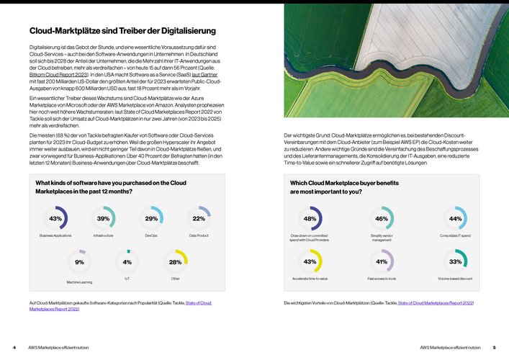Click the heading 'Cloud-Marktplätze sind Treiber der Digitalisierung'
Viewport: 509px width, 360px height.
pos(122,31)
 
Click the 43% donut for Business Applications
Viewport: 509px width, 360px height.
pos(56,218)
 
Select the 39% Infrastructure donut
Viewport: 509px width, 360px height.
pos(103,218)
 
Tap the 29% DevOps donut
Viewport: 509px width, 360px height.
pos(151,218)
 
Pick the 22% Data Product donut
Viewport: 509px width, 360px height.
pos(199,218)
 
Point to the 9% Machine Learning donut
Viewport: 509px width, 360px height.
pos(79,262)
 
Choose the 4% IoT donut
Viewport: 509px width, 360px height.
pos(127,262)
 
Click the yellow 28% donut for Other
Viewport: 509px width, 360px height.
pos(175,262)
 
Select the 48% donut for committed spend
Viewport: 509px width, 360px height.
pos(310,218)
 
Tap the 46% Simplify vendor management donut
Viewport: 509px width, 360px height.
pos(382,218)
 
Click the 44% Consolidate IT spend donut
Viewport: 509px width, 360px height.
pos(455,218)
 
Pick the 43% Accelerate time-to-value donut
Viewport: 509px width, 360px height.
pos(310,261)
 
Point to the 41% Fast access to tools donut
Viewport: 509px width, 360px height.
pos(382,261)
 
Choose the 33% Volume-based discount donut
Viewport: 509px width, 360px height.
pos(455,261)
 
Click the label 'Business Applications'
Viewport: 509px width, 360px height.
pos(55,235)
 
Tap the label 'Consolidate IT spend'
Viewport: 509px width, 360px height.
pos(454,235)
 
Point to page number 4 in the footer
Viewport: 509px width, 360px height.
pos(14,347)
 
